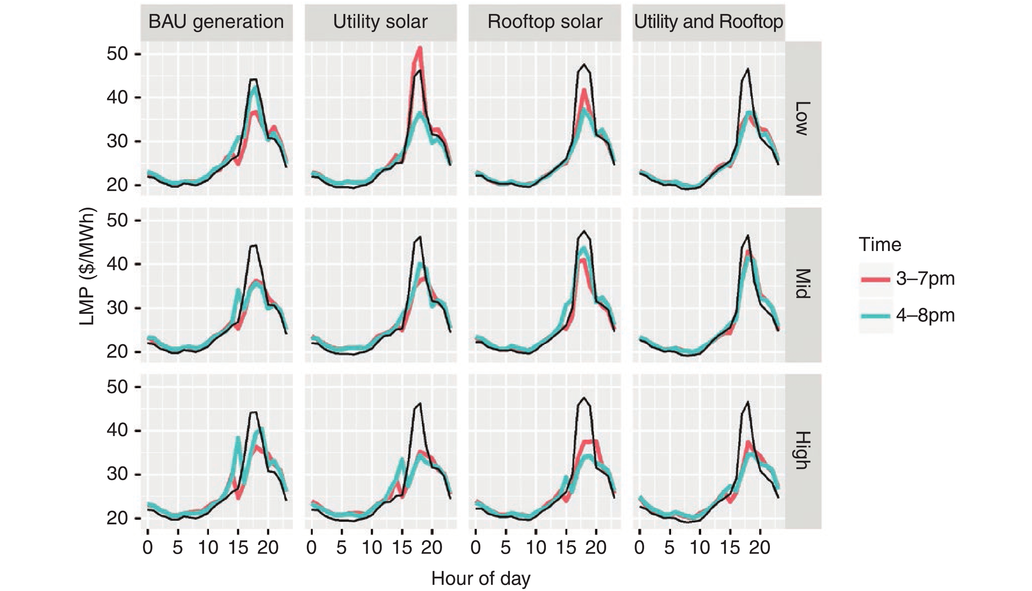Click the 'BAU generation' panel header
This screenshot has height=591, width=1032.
(x=216, y=22)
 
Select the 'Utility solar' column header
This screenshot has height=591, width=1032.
(x=380, y=22)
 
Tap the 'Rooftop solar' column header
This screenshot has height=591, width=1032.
(x=544, y=22)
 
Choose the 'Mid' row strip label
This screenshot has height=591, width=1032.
(x=802, y=284)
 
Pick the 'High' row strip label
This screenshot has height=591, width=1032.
(x=802, y=451)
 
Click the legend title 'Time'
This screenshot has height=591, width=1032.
(x=880, y=245)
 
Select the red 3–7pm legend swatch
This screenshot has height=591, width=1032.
(x=875, y=279)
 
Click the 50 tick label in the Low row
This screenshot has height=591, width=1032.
(x=117, y=54)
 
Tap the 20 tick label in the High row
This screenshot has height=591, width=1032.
(x=117, y=518)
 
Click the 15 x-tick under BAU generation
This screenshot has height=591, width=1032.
(x=238, y=548)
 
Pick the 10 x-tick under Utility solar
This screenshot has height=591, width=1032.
(x=372, y=548)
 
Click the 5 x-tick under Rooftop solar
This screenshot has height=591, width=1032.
(x=505, y=548)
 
